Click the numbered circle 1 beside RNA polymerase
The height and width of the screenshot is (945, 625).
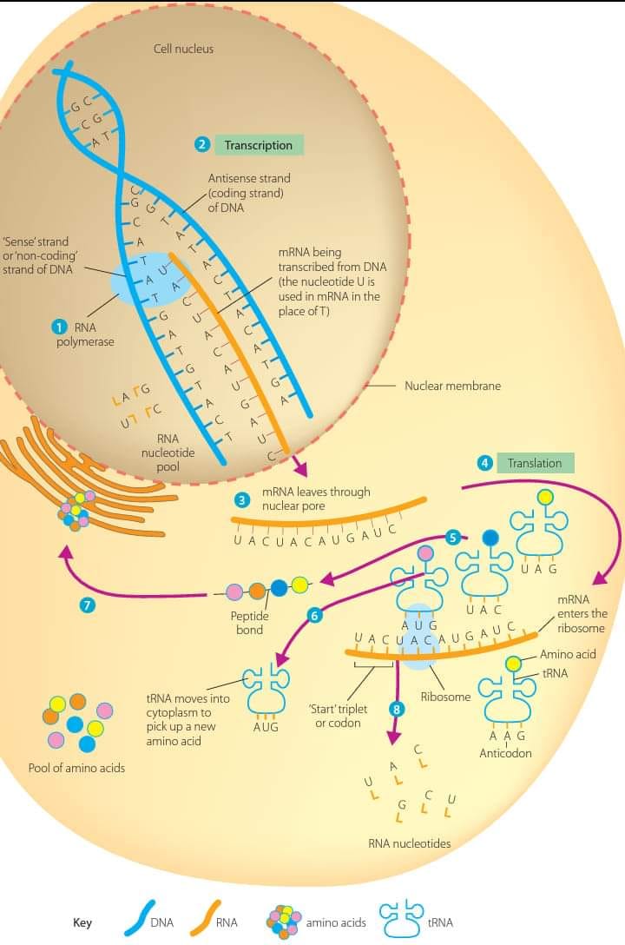point(59,327)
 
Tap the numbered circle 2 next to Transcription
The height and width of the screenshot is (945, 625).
point(201,145)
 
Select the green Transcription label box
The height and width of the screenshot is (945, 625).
point(259,145)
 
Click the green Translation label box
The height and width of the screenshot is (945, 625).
point(536,463)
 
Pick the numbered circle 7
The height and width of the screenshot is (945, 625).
point(88,605)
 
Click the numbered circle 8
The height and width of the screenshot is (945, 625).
point(396,709)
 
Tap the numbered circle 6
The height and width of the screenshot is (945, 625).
point(314,615)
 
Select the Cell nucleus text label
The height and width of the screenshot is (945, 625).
point(184,49)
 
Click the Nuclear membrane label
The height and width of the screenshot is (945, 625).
point(453,386)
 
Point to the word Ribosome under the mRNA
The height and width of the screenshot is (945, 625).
point(445,697)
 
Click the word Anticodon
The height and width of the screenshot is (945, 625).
point(506,753)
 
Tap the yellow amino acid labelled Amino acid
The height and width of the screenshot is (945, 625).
point(513,664)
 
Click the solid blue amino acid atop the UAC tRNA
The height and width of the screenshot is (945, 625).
point(490,538)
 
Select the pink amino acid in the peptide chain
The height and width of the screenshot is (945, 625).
point(234,591)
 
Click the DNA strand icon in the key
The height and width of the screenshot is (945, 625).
point(140,918)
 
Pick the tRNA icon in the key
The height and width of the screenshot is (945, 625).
point(401,918)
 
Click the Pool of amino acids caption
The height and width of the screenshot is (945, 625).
point(76,768)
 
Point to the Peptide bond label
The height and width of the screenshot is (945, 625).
point(249,623)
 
